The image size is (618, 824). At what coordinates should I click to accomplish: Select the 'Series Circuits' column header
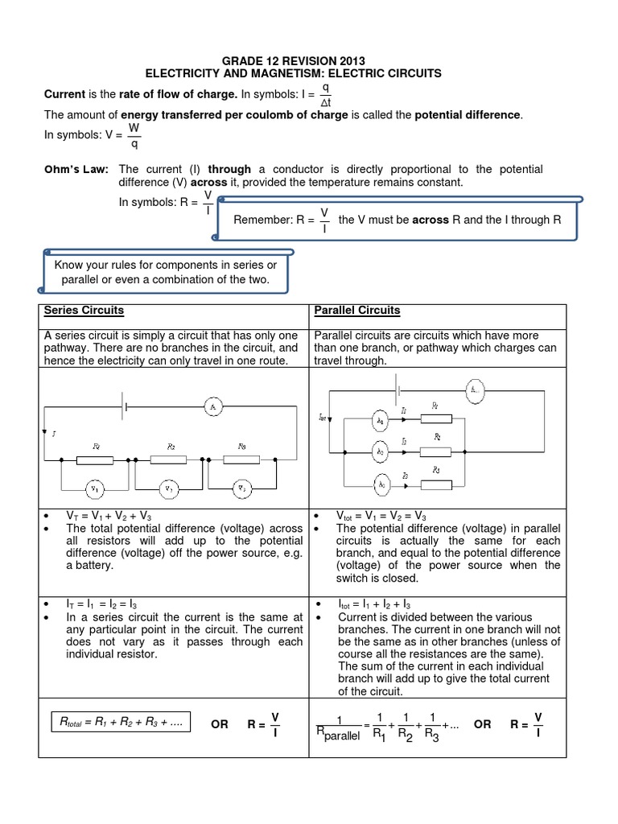pyautogui.click(x=84, y=311)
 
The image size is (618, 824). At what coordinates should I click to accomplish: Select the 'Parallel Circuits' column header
pyautogui.click(x=356, y=311)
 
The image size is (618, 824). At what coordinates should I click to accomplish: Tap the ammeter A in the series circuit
pyautogui.click(x=212, y=408)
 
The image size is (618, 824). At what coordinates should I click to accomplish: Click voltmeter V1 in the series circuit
pyautogui.click(x=95, y=488)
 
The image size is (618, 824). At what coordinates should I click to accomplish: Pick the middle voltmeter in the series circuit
pyautogui.click(x=169, y=488)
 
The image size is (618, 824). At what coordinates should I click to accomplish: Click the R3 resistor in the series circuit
pyautogui.click(x=242, y=460)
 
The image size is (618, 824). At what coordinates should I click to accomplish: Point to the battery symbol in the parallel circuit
pyautogui.click(x=398, y=391)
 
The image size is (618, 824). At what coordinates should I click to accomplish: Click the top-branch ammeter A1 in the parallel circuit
pyautogui.click(x=381, y=421)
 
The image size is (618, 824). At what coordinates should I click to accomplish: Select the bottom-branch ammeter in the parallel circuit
pyautogui.click(x=381, y=484)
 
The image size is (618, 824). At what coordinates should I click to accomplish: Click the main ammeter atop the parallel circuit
pyautogui.click(x=473, y=391)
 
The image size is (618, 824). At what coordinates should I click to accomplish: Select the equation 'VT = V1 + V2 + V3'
pyautogui.click(x=98, y=516)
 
